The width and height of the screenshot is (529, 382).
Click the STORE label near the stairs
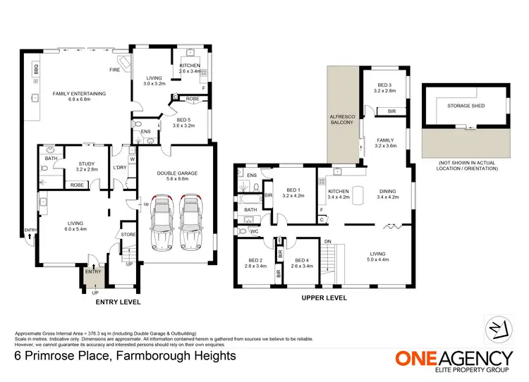(128, 235)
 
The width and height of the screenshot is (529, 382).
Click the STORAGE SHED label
(463, 106)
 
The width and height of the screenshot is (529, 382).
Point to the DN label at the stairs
(327, 241)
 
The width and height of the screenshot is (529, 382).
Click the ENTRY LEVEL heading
(118, 302)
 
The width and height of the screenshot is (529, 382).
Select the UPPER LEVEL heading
(324, 299)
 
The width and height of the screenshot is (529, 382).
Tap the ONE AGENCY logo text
(453, 358)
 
